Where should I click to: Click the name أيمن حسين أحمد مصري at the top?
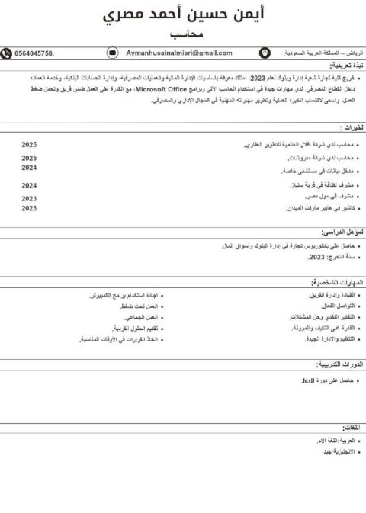[182, 17]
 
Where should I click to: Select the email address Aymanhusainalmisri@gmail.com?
[179, 53]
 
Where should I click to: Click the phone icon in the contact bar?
[7, 53]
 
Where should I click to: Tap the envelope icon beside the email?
[113, 53]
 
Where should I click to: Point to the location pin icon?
[265, 53]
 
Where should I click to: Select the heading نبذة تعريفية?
[343, 66]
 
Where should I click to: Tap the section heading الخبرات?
[352, 127]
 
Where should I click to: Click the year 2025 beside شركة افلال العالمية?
[29, 144]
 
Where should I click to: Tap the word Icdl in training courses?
[309, 380]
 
